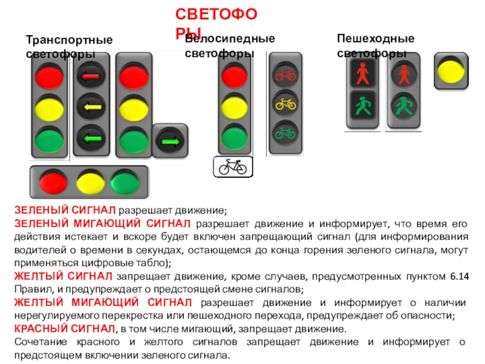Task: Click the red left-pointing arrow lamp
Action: click(91, 76)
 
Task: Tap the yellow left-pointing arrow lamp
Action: click(91, 107)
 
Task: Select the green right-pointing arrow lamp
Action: click(169, 142)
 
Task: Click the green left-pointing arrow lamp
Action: click(91, 138)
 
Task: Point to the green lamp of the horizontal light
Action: click(123, 181)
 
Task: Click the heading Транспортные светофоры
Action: click(69, 47)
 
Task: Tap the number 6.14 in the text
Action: click(459, 278)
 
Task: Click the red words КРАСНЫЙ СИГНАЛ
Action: click(64, 329)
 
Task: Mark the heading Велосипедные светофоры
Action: click(230, 45)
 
